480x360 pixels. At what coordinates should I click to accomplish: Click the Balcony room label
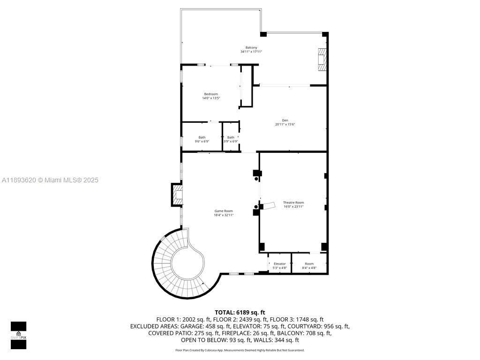(x=251, y=47)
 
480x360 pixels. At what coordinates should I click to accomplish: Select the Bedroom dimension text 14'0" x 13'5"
(x=211, y=98)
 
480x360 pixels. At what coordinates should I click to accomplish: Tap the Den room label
(x=285, y=120)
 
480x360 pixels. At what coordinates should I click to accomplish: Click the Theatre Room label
(x=293, y=202)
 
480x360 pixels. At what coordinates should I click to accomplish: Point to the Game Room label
(x=224, y=211)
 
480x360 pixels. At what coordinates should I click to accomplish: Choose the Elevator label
(x=280, y=263)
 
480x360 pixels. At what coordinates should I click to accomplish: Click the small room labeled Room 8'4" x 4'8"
(x=309, y=265)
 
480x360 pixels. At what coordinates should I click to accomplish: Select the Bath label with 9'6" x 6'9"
(x=202, y=139)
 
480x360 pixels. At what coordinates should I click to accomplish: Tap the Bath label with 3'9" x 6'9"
(x=231, y=139)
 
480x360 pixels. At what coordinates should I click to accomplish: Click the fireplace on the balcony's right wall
(x=322, y=60)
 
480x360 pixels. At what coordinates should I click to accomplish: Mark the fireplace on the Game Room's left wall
(x=177, y=195)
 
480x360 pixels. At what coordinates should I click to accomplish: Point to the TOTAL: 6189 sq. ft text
(x=240, y=312)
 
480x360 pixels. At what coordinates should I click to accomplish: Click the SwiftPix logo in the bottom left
(x=18, y=335)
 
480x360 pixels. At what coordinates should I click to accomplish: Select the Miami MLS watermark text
(x=49, y=180)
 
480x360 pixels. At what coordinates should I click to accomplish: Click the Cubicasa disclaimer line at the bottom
(x=240, y=350)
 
